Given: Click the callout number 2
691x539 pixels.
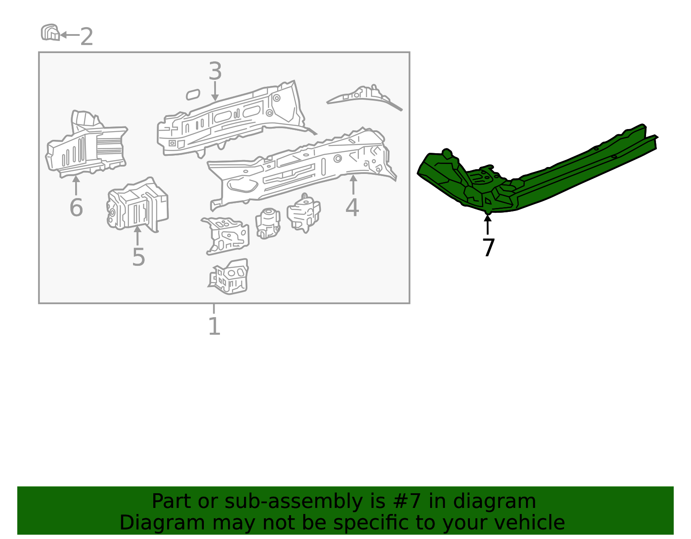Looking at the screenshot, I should pyautogui.click(x=86, y=37).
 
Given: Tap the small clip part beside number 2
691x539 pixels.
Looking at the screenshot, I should pyautogui.click(x=50, y=33).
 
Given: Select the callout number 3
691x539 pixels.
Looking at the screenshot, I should pyautogui.click(x=215, y=72).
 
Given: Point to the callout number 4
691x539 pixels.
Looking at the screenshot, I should pyautogui.click(x=352, y=208).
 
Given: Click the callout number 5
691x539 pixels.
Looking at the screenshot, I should pyautogui.click(x=138, y=257).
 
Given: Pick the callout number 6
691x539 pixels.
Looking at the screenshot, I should pyautogui.click(x=76, y=208).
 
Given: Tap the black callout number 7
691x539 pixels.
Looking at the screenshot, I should pyautogui.click(x=488, y=248).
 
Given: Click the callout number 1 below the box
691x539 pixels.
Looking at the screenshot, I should pyautogui.click(x=214, y=326).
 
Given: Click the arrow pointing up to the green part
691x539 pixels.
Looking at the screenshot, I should pyautogui.click(x=488, y=224).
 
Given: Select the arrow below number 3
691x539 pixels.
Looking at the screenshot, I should pyautogui.click(x=215, y=91).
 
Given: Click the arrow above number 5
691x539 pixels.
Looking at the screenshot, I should pyautogui.click(x=137, y=235).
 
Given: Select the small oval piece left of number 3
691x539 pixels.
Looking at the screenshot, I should pyautogui.click(x=193, y=95).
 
